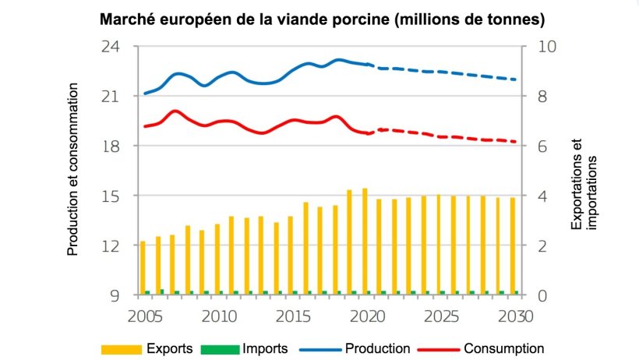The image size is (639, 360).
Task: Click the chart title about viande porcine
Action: (x=321, y=18)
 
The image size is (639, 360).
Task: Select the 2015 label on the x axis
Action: (x=291, y=316)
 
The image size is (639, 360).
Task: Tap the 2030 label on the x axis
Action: (x=514, y=316)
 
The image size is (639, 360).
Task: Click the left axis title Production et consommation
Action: (x=73, y=171)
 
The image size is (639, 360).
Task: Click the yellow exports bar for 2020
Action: (x=364, y=242)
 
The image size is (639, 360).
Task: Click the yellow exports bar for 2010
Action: (x=217, y=259)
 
